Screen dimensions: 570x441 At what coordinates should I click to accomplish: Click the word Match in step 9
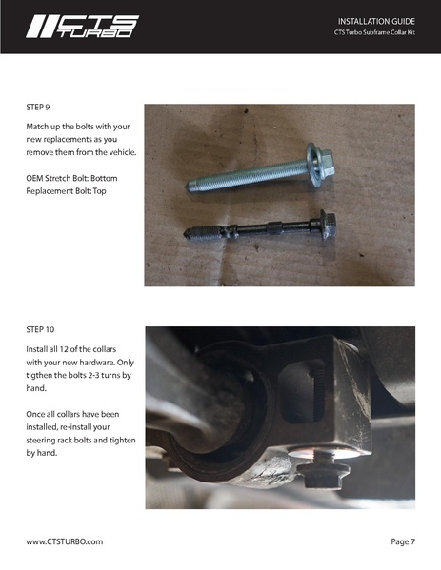(40, 126)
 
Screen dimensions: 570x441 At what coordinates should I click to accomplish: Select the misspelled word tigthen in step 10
(44, 375)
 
